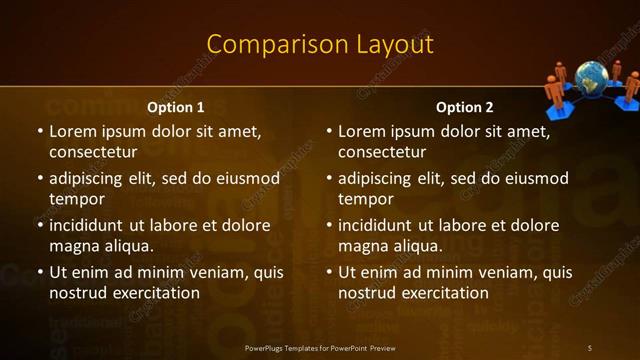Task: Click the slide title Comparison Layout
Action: tap(320, 44)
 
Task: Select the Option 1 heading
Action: tap(175, 107)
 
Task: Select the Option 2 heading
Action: tap(464, 107)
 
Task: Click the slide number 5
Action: tap(589, 347)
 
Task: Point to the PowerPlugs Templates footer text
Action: tap(320, 347)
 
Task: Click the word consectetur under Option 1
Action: tap(93, 152)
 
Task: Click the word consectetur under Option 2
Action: tap(382, 152)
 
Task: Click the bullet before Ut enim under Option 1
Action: tap(39, 272)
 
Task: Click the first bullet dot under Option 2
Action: tap(328, 131)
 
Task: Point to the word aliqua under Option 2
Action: tap(413, 246)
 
